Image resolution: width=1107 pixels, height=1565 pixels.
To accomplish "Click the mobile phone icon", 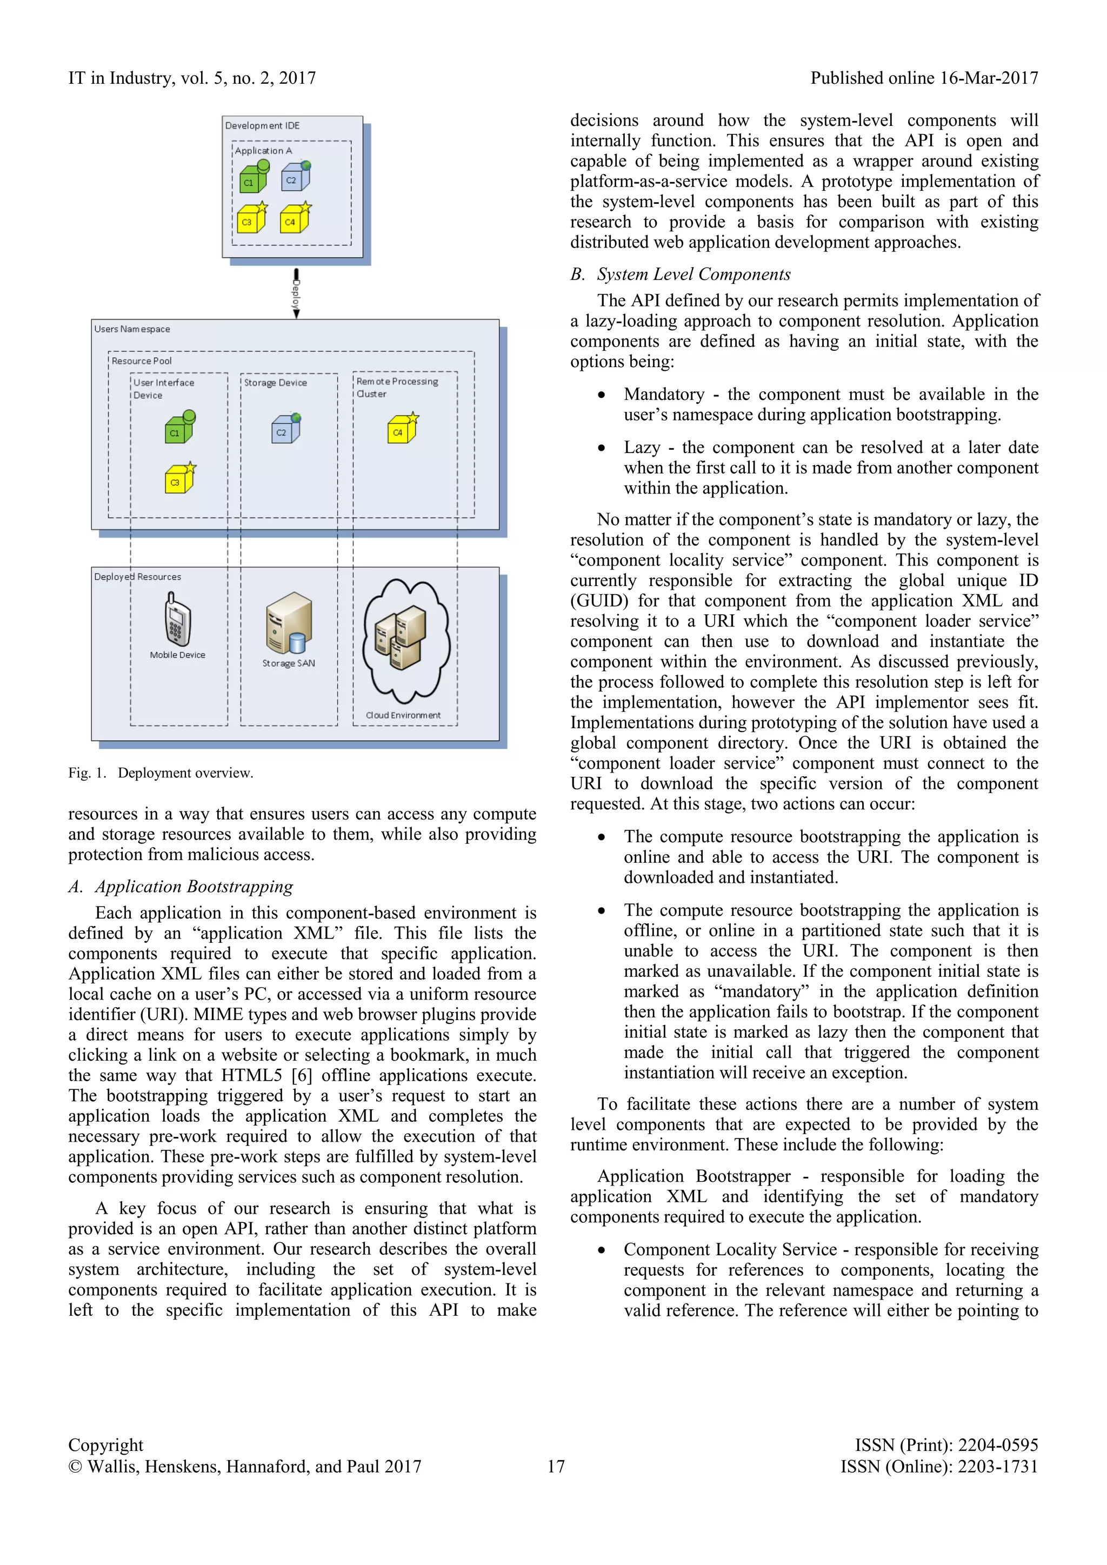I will pos(177,618).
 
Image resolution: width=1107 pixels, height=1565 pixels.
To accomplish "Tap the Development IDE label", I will pos(263,125).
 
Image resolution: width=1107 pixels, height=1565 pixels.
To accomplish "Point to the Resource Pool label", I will pos(142,361).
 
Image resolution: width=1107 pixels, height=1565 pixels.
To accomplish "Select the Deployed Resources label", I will pos(138,577).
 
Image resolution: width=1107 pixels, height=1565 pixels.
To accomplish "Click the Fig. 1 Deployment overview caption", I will pos(161,773).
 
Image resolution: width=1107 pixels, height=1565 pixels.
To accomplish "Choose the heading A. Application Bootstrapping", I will pos(181,886).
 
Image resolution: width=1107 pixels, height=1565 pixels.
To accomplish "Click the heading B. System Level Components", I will pos(681,274).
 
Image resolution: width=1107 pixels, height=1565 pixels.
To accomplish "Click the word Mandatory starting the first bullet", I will pos(664,395).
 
